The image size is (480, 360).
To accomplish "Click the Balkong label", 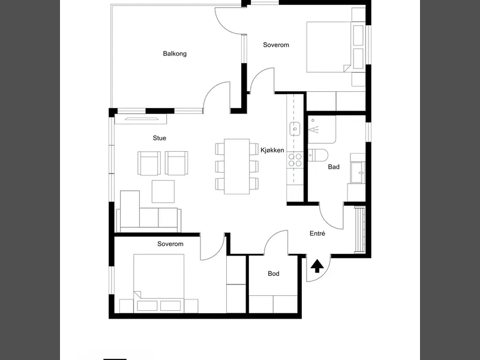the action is pyautogui.click(x=175, y=54).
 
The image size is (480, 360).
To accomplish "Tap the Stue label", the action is pyautogui.click(x=160, y=138).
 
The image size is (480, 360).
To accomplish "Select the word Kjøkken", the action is pyautogui.click(x=272, y=150).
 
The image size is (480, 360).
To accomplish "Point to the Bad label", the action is pyautogui.click(x=334, y=167).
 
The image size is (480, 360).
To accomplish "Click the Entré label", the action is pyautogui.click(x=317, y=233).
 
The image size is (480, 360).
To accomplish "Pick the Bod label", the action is pyautogui.click(x=274, y=274).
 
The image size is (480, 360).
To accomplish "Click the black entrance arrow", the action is pyautogui.click(x=317, y=266).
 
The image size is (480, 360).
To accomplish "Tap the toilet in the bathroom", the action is pyautogui.click(x=318, y=155).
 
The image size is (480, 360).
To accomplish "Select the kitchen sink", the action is pyautogui.click(x=295, y=128).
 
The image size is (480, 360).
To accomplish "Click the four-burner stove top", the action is pyautogui.click(x=295, y=160).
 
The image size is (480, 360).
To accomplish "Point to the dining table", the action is pyautogui.click(x=236, y=166).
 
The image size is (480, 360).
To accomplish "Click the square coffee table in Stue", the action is pyautogui.click(x=163, y=191).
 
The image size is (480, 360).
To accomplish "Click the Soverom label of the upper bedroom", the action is pyautogui.click(x=276, y=45).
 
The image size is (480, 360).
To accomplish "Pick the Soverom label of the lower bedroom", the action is pyautogui.click(x=170, y=244).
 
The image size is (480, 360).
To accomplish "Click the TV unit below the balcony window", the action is pyautogui.click(x=141, y=119).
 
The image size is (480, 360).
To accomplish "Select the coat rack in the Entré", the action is pyautogui.click(x=360, y=230).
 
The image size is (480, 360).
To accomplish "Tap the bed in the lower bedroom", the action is pyautogui.click(x=158, y=283).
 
